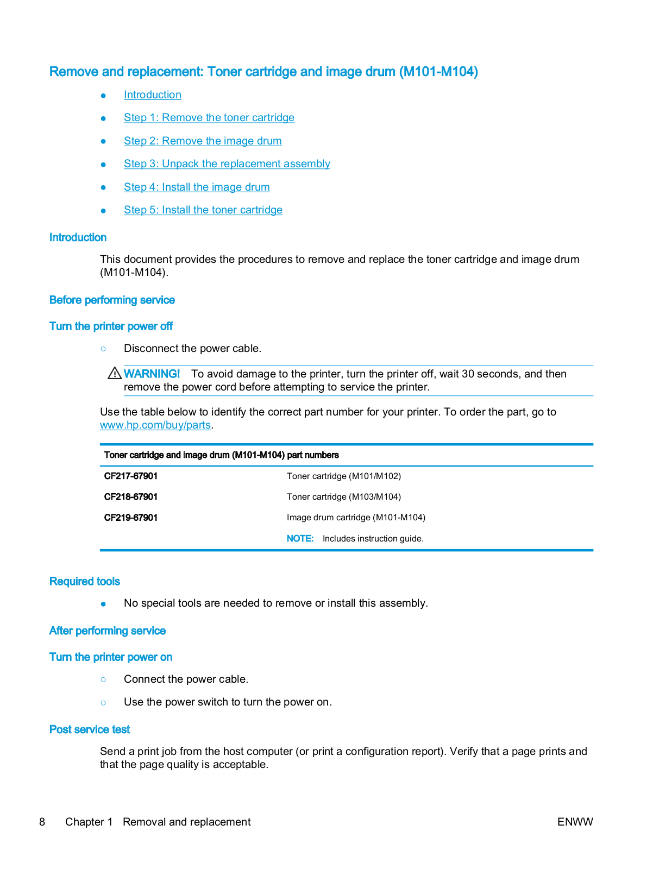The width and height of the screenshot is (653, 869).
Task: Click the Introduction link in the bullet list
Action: click(x=152, y=95)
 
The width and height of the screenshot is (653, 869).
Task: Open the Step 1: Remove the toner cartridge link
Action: click(x=209, y=118)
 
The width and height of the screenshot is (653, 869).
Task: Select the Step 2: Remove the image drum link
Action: click(x=203, y=141)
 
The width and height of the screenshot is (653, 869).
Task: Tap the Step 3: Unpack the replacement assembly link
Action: click(x=227, y=164)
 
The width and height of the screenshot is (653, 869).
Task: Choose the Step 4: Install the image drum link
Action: click(x=197, y=187)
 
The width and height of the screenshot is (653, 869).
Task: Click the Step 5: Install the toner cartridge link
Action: click(x=203, y=210)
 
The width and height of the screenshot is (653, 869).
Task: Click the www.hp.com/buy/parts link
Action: click(x=155, y=425)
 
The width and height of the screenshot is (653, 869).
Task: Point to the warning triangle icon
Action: click(x=115, y=373)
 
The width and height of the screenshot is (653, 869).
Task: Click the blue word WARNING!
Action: click(x=152, y=374)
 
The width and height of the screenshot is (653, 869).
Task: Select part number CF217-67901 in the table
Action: click(x=131, y=476)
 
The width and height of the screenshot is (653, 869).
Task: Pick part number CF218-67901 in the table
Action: click(x=131, y=497)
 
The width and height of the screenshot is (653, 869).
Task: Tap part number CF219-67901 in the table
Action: click(x=131, y=518)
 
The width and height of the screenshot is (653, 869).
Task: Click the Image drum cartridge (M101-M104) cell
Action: click(x=356, y=518)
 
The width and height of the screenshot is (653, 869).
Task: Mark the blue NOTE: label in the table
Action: click(x=300, y=539)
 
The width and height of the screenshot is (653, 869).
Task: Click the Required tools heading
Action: click(x=84, y=582)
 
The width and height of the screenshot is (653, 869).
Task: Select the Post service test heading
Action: click(x=90, y=729)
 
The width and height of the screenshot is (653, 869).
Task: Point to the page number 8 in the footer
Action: click(x=42, y=822)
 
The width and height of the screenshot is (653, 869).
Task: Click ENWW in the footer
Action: click(x=575, y=822)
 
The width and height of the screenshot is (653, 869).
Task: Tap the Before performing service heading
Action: click(x=112, y=300)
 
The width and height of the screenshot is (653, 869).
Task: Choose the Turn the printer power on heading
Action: click(x=111, y=657)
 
